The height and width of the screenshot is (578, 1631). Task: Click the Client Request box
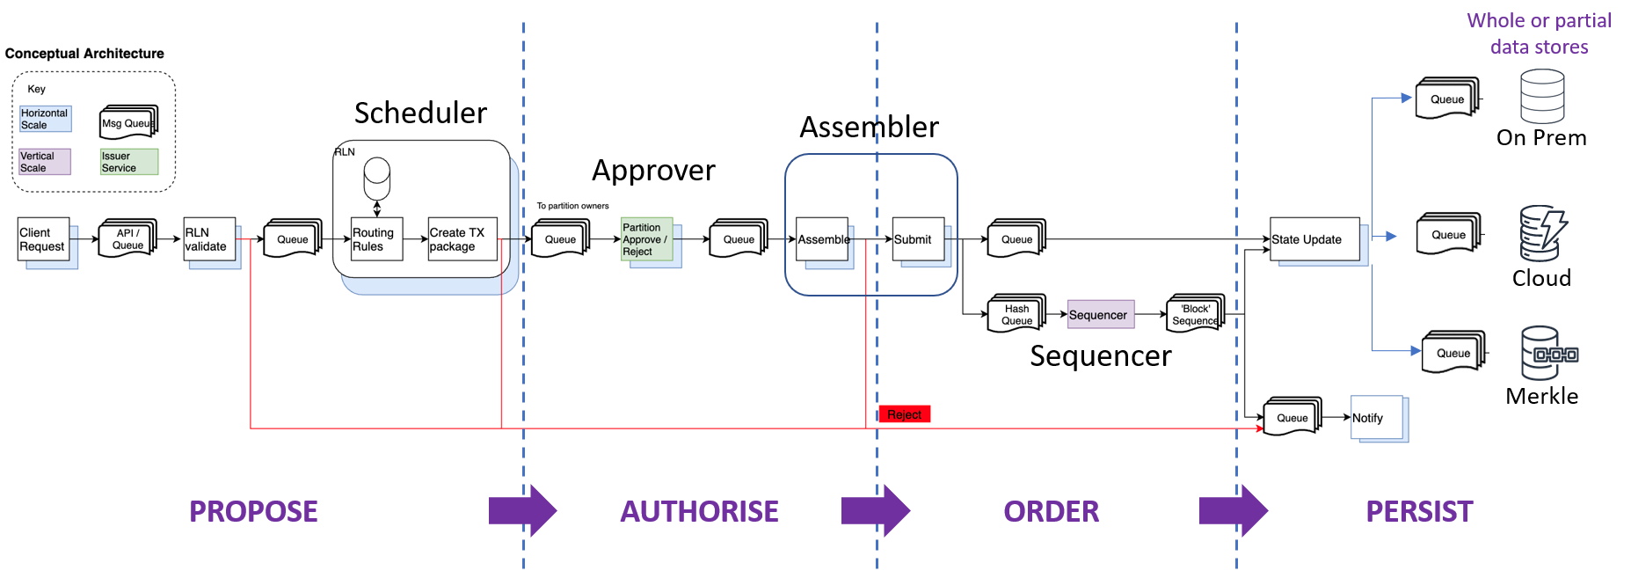pyautogui.click(x=43, y=239)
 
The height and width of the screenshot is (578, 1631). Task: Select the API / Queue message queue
pyautogui.click(x=127, y=238)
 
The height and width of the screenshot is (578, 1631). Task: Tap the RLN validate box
pyautogui.click(x=209, y=239)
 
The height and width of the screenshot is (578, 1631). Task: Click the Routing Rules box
pyautogui.click(x=376, y=239)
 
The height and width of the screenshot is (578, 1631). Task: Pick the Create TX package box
pyautogui.click(x=462, y=239)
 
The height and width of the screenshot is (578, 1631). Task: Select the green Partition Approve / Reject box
pyautogui.click(x=646, y=239)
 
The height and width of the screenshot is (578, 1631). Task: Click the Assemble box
pyautogui.click(x=822, y=239)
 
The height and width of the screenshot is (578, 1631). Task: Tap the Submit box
pyautogui.click(x=918, y=239)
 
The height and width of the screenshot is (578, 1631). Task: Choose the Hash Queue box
pyautogui.click(x=1016, y=314)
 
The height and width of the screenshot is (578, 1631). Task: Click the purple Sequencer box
pyautogui.click(x=1100, y=315)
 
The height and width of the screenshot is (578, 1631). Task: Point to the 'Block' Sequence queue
pyautogui.click(x=1194, y=314)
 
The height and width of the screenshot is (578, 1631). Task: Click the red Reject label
pyautogui.click(x=904, y=414)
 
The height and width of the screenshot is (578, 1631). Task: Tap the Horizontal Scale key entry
pyautogui.click(x=45, y=119)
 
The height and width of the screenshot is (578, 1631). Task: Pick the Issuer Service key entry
pyautogui.click(x=128, y=162)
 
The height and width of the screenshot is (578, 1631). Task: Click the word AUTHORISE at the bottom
pyautogui.click(x=699, y=511)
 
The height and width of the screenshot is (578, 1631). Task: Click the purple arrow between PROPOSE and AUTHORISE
pyautogui.click(x=522, y=510)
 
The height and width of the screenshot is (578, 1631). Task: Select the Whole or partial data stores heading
pyautogui.click(x=1539, y=33)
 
